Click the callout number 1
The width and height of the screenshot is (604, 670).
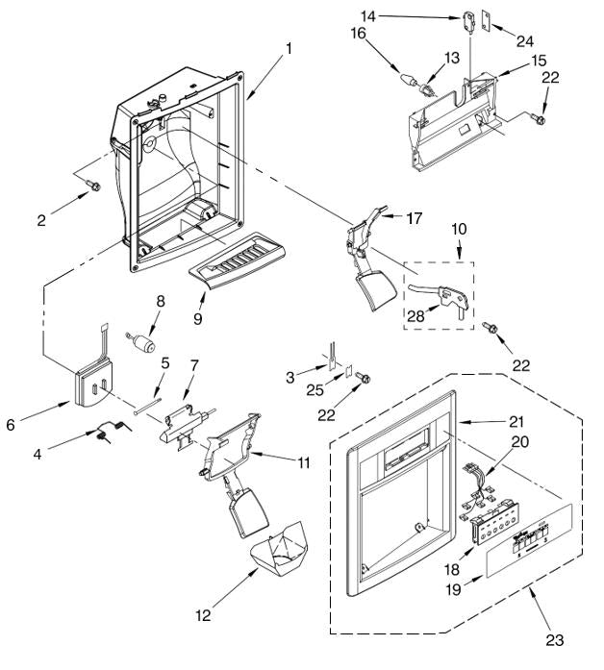coord(289,46)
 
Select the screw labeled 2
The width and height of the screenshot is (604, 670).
coord(94,186)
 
